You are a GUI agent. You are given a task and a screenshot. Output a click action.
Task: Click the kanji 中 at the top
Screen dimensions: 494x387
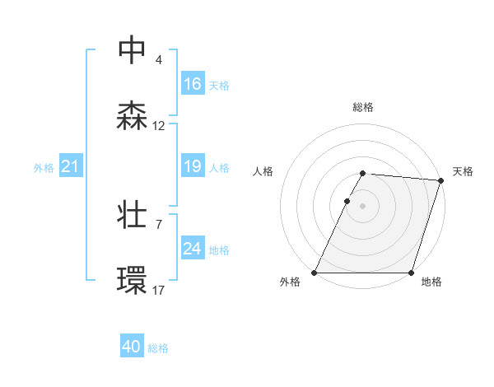[132, 49]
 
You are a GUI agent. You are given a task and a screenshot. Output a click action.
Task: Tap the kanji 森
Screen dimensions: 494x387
[132, 116]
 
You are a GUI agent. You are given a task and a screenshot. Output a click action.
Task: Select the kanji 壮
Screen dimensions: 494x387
[132, 215]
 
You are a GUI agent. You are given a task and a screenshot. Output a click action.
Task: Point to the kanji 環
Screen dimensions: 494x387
[132, 281]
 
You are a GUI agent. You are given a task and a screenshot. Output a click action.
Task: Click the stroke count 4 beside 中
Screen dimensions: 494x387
[159, 60]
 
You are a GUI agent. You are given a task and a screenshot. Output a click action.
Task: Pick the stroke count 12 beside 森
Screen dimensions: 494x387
[159, 126]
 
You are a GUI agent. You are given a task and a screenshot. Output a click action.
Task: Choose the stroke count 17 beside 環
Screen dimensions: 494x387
[159, 291]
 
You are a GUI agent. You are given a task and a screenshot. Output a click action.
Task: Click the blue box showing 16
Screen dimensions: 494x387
[193, 84]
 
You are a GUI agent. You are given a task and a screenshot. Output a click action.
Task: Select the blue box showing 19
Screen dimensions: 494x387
[193, 166]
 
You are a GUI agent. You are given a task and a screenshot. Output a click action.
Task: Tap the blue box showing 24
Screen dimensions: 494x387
[193, 249]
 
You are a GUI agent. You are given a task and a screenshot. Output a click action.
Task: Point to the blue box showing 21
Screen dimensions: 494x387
[71, 166]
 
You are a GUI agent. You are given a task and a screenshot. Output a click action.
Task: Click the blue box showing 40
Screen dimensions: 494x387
[132, 347]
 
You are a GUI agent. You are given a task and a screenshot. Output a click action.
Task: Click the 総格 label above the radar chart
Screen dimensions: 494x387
[363, 107]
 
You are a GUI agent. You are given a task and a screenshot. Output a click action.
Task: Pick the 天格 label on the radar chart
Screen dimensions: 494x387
[463, 171]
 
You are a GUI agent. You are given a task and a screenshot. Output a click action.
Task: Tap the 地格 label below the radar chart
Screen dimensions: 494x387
[431, 282]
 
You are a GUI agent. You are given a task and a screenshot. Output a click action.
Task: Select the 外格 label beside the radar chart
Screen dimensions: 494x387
[291, 282]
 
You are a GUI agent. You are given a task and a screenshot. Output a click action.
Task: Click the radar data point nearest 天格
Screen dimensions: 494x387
[441, 180]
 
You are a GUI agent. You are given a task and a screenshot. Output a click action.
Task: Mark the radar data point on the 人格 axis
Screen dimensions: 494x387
[347, 201]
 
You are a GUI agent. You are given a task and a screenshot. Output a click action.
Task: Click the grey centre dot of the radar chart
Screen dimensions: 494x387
[363, 206]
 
